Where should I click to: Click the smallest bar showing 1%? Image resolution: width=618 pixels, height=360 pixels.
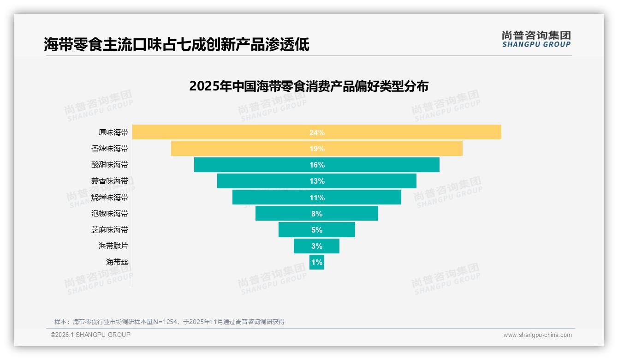click(x=317, y=262)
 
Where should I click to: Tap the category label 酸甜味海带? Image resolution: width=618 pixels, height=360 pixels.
click(x=110, y=165)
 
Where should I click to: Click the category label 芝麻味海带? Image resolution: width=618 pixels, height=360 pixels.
click(x=110, y=230)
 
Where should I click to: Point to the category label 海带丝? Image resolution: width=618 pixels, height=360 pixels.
click(x=117, y=262)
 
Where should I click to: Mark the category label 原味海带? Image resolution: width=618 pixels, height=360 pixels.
click(x=113, y=132)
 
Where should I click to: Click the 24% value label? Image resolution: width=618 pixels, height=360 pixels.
click(x=317, y=132)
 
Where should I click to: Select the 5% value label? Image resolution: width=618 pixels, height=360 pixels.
click(x=317, y=230)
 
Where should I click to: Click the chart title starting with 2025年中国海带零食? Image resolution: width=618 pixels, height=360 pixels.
click(x=309, y=86)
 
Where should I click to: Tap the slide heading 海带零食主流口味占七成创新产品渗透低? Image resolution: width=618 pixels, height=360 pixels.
click(x=177, y=44)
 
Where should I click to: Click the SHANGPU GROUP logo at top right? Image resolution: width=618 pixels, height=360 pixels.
click(x=536, y=39)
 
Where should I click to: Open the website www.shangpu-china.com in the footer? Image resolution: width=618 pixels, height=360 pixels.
click(x=537, y=335)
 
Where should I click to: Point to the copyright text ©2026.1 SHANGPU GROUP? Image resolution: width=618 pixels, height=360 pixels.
click(x=90, y=335)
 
